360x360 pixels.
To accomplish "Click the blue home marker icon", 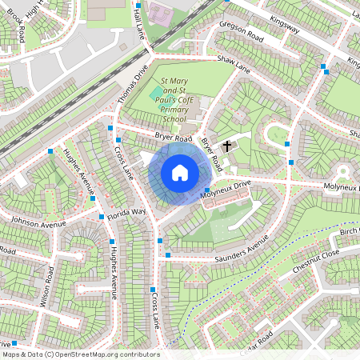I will click(x=180, y=173).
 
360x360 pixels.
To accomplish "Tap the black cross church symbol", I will click(x=227, y=146).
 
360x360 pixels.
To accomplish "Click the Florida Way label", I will click(x=128, y=213).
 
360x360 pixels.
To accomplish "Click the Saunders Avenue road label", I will click(x=245, y=250).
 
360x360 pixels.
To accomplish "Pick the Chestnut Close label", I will click(x=315, y=262).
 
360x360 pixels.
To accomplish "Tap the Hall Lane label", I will click(x=140, y=18).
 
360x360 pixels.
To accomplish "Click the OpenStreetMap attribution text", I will click(x=80, y=354).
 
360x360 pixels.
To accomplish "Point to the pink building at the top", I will click(x=160, y=12).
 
